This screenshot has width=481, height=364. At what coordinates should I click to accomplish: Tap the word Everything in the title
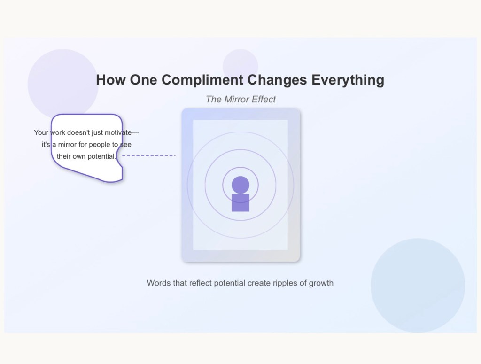[x=348, y=80]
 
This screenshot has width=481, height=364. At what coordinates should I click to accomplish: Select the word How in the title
[x=111, y=80]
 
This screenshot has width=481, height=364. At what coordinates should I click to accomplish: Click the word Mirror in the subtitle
[x=237, y=100]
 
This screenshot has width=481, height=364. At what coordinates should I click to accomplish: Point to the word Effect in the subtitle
[x=264, y=100]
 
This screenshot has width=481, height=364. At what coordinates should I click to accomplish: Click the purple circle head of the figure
[x=240, y=185]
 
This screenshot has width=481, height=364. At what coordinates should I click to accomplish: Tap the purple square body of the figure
[x=240, y=203]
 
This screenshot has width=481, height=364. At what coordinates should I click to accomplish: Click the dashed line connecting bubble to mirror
[x=149, y=155]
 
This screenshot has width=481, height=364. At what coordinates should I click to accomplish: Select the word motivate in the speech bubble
[x=118, y=132]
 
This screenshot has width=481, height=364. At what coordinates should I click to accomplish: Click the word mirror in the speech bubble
[x=67, y=145]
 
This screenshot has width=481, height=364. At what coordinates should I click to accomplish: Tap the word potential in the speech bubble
[x=101, y=156]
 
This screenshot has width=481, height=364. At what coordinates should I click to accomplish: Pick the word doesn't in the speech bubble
[x=78, y=132]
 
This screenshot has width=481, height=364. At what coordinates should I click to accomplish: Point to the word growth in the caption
[x=321, y=283]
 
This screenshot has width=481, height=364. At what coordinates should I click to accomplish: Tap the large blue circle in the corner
[x=418, y=286]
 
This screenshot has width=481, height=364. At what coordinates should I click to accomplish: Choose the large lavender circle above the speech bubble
[x=63, y=83]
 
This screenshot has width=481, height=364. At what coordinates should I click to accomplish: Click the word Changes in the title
[x=277, y=80]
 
